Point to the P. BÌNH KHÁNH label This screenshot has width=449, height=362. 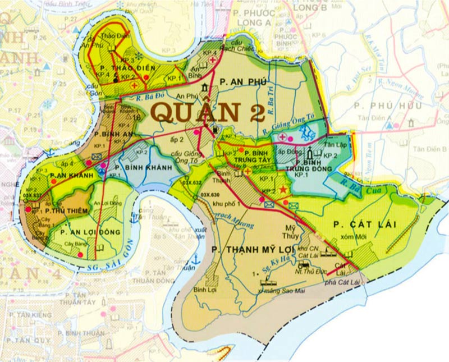[135, 167]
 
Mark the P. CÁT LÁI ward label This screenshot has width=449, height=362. [365, 224]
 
